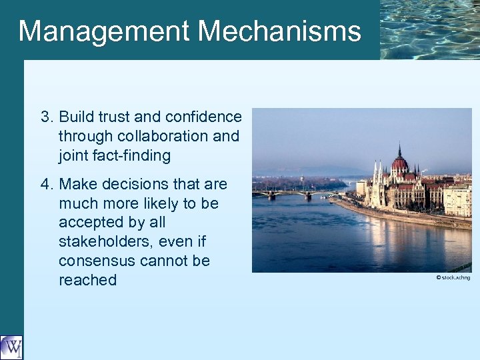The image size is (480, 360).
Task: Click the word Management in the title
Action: (103, 31)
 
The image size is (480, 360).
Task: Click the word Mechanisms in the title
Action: (279, 31)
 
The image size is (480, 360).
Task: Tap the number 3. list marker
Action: (47, 117)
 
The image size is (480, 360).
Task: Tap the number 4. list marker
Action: (47, 184)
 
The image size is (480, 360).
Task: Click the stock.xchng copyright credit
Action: (453, 277)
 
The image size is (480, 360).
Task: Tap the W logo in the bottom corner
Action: (11, 347)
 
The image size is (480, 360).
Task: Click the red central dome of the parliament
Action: (399, 162)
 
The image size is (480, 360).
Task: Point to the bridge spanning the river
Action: (293, 193)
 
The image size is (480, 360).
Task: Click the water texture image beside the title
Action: (429, 29)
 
